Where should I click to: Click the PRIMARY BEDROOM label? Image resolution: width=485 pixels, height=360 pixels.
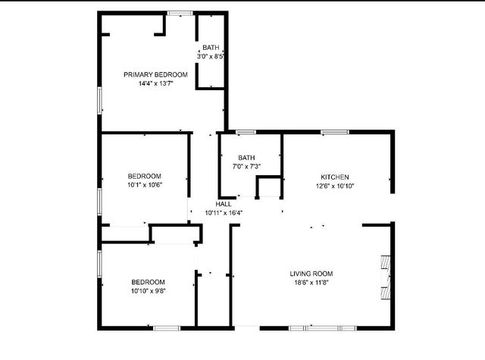point(155,74)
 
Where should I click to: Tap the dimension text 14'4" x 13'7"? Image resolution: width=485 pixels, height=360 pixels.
point(155,83)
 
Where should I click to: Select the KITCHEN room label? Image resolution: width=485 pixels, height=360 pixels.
point(334,177)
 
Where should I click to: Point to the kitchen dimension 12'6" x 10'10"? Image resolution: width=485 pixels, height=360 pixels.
point(334,186)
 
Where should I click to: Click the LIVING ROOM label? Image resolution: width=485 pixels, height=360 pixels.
point(311,274)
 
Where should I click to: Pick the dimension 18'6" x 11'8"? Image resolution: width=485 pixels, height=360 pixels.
point(311,283)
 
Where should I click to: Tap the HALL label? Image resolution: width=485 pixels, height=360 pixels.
point(224,204)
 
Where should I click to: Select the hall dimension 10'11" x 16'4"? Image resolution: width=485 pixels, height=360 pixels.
point(224,213)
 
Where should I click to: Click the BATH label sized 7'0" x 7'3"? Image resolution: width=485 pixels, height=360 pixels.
point(246,158)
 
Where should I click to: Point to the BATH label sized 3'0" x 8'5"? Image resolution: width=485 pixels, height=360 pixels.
point(211,48)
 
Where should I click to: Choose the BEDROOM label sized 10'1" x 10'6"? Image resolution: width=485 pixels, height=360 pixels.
point(144,176)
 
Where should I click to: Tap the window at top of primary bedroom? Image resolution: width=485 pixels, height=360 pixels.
point(180,12)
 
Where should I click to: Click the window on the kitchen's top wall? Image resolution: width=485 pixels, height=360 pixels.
point(334,133)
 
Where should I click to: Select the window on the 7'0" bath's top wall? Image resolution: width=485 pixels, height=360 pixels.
point(246,133)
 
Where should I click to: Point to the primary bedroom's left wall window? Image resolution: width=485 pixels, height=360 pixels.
point(100,100)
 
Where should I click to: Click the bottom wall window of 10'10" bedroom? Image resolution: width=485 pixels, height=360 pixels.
point(166,328)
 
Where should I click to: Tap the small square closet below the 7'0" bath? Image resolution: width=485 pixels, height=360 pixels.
point(268,187)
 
